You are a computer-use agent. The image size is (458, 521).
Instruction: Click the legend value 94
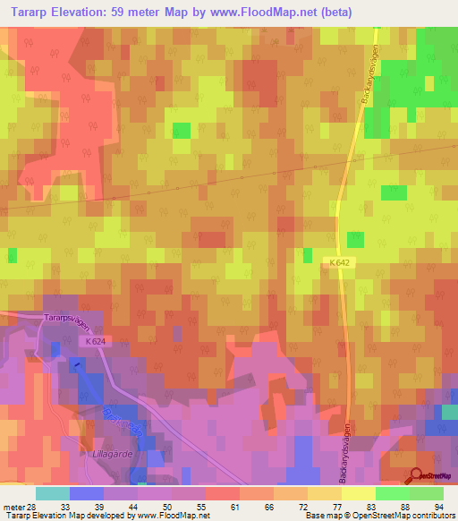(438, 506)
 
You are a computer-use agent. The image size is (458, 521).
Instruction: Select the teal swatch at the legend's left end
(52, 493)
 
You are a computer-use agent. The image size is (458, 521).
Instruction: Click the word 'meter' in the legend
(13, 506)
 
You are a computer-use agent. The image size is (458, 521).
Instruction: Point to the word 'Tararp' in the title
(28, 13)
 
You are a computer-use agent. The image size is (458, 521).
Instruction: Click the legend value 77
(335, 506)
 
